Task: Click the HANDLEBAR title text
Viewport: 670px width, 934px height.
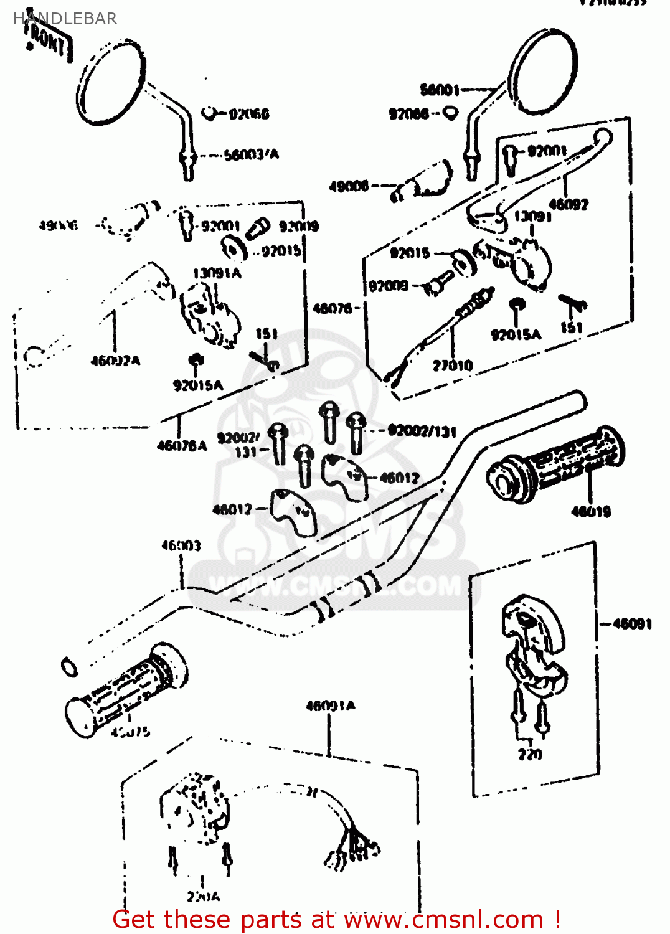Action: (65, 19)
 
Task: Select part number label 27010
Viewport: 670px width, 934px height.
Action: (453, 366)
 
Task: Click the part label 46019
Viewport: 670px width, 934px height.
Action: (591, 512)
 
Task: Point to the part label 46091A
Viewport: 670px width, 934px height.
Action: (330, 705)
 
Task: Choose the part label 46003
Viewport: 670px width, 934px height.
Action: (181, 546)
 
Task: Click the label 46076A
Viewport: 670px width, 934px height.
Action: (181, 445)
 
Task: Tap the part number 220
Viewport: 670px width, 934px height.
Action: (530, 754)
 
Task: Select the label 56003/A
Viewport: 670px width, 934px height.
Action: (251, 154)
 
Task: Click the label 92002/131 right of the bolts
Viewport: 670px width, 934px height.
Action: (422, 431)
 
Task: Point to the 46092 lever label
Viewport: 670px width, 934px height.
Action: (568, 204)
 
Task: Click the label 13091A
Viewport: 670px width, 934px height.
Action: (216, 273)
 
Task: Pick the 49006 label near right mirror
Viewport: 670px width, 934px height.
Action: (349, 186)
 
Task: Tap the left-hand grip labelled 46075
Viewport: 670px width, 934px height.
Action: (125, 691)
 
